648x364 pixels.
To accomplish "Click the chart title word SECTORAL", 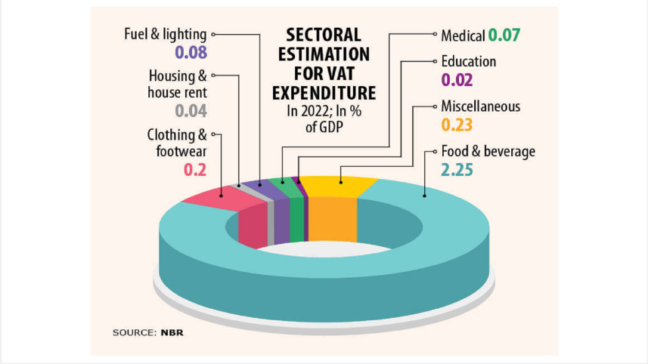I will coord(323,35).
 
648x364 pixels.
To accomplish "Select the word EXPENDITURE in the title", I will coord(323,93).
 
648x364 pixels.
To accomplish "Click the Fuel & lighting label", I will coord(166,34).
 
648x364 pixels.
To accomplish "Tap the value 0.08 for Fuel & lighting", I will coord(191,53).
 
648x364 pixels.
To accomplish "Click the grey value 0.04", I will coord(191,111).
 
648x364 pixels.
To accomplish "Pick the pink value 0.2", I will coord(195,170).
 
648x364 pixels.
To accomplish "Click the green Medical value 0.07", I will coord(504,35).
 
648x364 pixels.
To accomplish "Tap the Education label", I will coord(469,61).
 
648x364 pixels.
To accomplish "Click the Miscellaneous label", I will coord(480,106).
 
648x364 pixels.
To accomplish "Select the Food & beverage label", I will coord(488,152).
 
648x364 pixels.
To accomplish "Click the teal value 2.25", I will coord(457,170).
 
